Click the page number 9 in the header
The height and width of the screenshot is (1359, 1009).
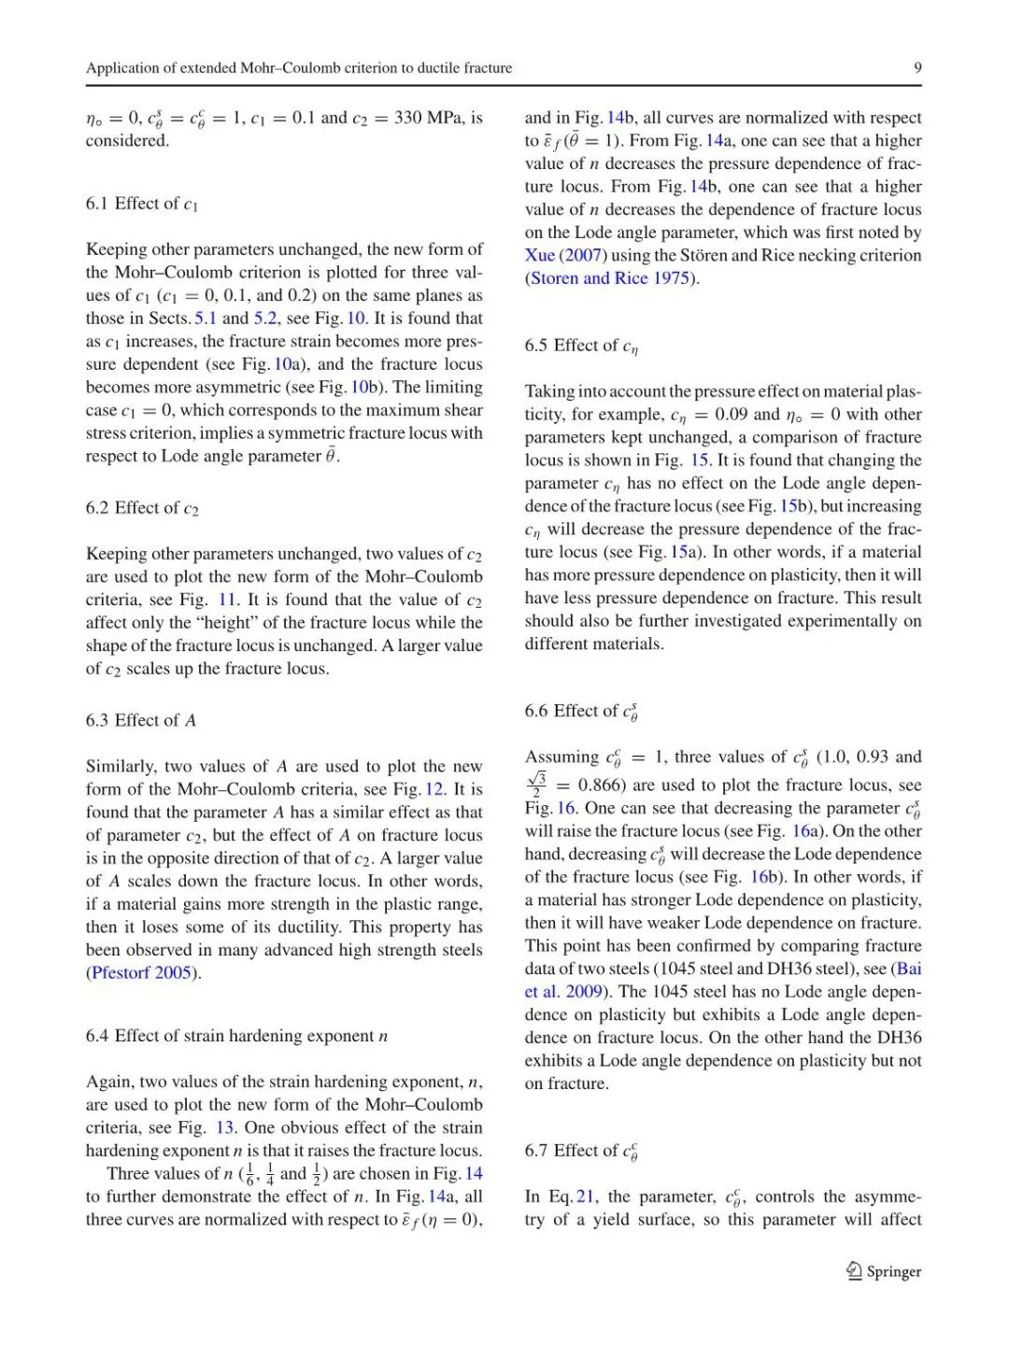(x=917, y=67)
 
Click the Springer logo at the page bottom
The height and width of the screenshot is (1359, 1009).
(x=884, y=1271)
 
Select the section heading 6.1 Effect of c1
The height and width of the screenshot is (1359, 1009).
(x=142, y=204)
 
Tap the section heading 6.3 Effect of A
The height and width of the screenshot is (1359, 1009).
(x=141, y=720)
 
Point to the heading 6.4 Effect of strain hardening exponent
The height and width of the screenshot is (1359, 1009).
(x=236, y=1036)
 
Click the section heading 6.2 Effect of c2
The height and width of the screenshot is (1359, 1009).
(x=142, y=508)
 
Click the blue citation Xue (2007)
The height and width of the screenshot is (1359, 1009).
(x=566, y=255)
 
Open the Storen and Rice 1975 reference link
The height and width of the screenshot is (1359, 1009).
(x=610, y=278)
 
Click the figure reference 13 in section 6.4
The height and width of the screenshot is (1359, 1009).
(x=224, y=1127)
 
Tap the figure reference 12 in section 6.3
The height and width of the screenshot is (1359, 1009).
(x=434, y=789)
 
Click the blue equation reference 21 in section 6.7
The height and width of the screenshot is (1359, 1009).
(x=586, y=1196)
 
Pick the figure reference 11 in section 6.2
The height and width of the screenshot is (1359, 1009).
(x=227, y=600)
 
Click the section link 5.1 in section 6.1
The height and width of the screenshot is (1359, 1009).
(x=205, y=319)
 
